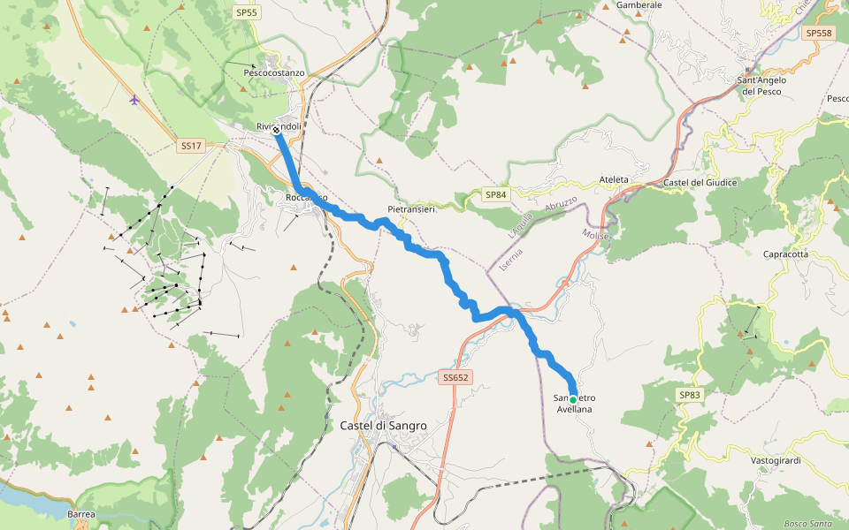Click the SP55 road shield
pos(247,12)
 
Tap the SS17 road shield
pos(190,145)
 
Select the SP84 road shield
pos(496,194)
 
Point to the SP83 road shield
pos(690,395)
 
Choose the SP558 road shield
pos(819,33)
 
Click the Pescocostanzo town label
pos(274,72)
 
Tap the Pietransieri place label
pos(411,209)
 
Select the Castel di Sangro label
pos(383,425)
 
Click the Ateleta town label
pos(614,179)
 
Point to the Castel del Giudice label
pos(700,182)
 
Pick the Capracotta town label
pos(785,254)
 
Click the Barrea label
pos(81,513)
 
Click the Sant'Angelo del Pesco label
pos(761,86)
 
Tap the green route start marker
pos(573,400)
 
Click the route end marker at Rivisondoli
pos(276,130)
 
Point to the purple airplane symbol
pos(134,99)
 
